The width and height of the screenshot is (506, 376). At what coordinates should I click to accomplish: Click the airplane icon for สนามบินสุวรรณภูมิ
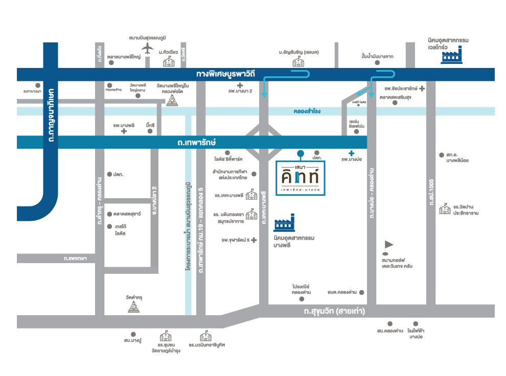(148, 48)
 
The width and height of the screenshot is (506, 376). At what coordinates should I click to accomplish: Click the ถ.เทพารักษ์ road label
(191, 143)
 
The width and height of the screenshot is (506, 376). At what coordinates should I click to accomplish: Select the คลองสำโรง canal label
(307, 111)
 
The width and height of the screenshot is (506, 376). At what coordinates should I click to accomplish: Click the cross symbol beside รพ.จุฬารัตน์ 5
(254, 240)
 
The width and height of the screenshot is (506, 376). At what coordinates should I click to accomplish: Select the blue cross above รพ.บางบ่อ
(351, 153)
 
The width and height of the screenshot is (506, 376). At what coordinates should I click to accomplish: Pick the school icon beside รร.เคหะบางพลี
(251, 195)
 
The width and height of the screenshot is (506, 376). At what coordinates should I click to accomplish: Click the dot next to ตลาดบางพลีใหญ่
(111, 63)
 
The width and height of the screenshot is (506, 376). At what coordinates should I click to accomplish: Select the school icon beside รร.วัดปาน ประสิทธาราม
(444, 209)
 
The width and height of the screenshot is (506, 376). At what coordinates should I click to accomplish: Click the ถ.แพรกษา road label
(76, 258)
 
